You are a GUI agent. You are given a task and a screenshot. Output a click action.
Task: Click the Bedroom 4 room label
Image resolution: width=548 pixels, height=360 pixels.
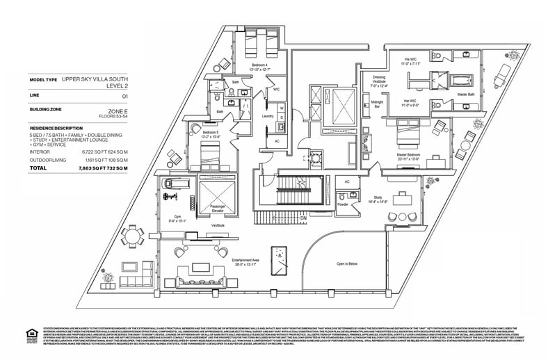(x=262, y=65)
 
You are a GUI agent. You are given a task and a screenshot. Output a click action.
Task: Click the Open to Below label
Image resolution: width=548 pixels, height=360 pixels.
(x=351, y=264)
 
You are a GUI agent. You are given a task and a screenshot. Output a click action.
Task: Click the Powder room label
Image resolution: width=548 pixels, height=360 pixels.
(x=343, y=205)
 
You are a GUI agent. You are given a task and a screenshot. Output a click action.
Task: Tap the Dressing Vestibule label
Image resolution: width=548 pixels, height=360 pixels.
(x=379, y=79)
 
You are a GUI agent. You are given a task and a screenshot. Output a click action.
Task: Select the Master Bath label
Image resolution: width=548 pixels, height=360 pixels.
(x=467, y=94)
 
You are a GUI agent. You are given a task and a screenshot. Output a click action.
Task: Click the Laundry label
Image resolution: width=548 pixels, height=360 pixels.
(x=268, y=116)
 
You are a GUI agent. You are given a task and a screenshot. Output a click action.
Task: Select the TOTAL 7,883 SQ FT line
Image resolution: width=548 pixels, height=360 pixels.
(x=76, y=168)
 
